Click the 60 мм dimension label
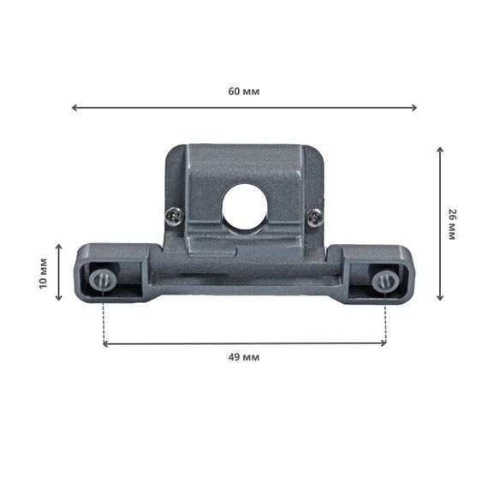(244, 92)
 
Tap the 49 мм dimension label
(244, 357)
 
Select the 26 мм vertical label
(451, 224)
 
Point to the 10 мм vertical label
(44, 274)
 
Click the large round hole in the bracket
(245, 206)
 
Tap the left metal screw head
(175, 217)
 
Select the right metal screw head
(315, 217)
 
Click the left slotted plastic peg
(103, 280)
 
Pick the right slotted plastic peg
(385, 282)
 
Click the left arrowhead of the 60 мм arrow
(74, 108)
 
